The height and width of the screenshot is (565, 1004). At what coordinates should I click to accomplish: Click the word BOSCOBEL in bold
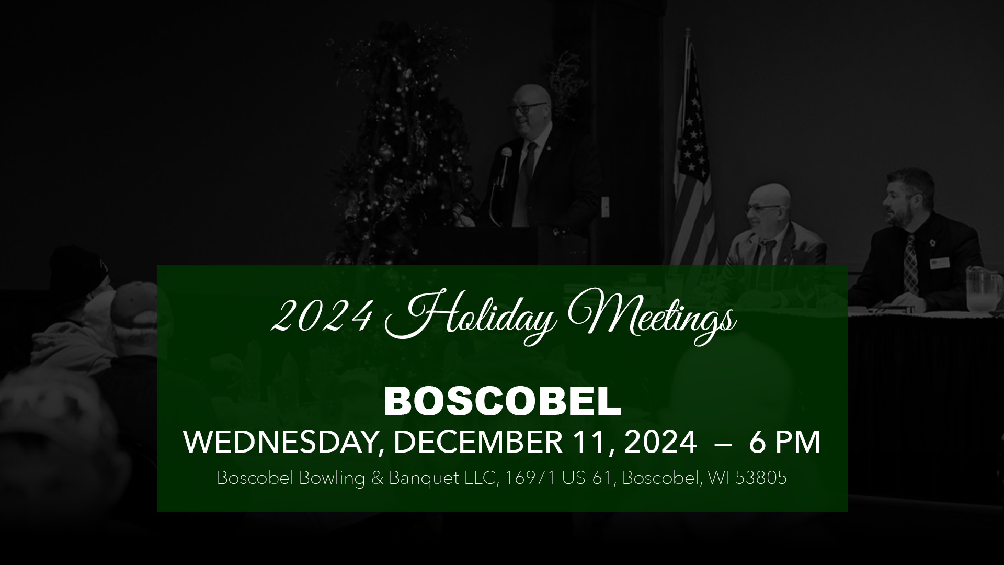click(502, 401)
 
